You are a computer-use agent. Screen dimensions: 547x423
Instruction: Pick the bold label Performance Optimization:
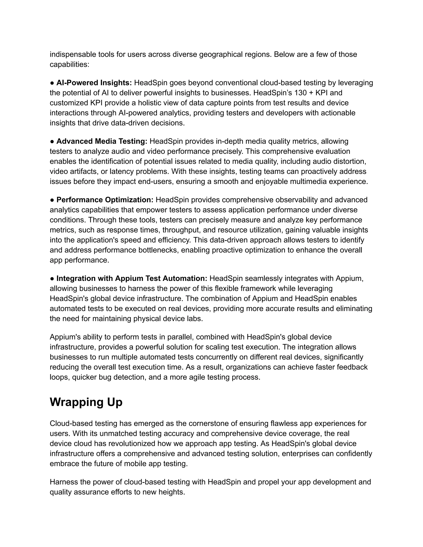105,200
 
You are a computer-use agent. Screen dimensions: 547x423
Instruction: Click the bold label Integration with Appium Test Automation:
132,278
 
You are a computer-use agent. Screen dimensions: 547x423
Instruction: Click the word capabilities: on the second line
69,65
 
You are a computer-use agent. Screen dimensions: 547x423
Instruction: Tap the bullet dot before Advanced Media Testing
52,142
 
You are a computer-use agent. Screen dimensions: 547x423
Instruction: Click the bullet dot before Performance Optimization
52,200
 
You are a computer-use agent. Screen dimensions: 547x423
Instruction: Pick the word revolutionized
132,444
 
